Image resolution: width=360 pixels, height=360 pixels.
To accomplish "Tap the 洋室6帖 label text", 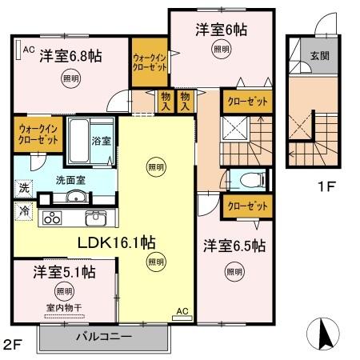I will coord(221,30).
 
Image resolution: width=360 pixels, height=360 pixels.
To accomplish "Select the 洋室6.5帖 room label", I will coord(233,246).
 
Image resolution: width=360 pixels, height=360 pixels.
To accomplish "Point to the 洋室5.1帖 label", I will coord(64,272).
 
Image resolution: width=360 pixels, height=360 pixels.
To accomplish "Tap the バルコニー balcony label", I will coord(103,337).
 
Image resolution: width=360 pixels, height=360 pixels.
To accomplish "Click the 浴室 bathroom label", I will coord(101,141).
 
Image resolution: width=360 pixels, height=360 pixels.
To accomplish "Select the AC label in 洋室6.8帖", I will coord(29,50).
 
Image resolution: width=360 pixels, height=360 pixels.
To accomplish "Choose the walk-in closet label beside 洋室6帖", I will coord(148,62).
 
